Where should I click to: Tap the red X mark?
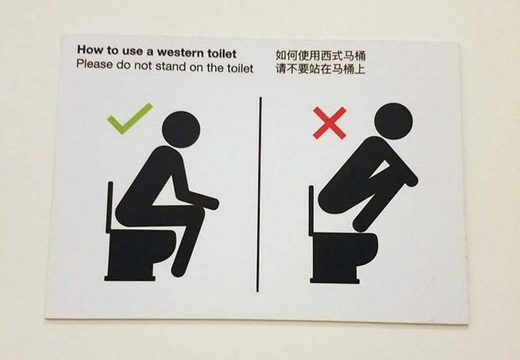pyautogui.click(x=330, y=123)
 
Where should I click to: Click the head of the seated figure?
pyautogui.click(x=180, y=130)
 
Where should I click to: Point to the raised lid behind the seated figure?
pyautogui.click(x=110, y=207)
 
